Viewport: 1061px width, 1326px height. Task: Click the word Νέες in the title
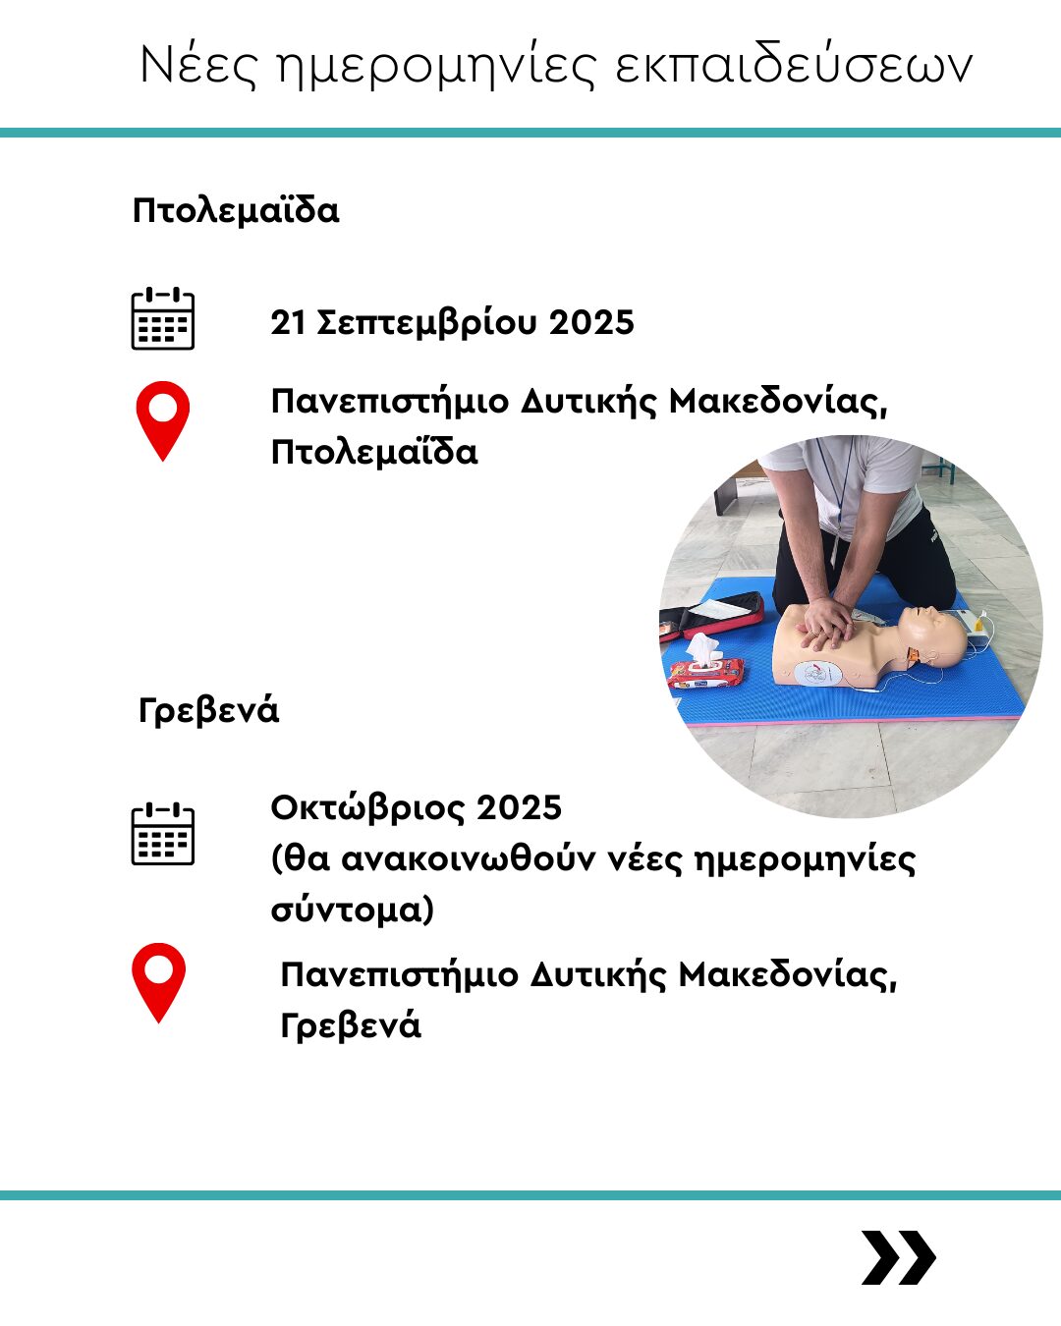coord(197,64)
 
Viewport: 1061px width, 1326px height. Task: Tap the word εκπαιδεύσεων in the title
coord(794,64)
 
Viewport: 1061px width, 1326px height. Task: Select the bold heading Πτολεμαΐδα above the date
coord(236,210)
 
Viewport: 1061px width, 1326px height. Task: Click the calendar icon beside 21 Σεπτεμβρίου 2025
coord(163,318)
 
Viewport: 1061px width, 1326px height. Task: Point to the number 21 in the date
coord(288,322)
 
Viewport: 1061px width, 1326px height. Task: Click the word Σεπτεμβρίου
coord(426,323)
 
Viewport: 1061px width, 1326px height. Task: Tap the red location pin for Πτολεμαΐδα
coord(163,420)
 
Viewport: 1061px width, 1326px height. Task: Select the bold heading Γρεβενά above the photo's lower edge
coord(208,710)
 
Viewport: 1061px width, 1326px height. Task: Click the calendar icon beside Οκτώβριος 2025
coord(163,834)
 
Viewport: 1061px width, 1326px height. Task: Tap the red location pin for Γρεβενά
coord(158,983)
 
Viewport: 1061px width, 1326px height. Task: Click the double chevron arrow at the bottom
coord(898,1257)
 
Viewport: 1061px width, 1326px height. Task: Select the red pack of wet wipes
coord(706,673)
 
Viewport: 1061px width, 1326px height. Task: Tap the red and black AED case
coord(712,616)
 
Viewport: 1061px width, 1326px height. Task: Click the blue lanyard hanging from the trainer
coord(838,487)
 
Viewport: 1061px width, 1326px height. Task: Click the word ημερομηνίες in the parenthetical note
coord(806,860)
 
